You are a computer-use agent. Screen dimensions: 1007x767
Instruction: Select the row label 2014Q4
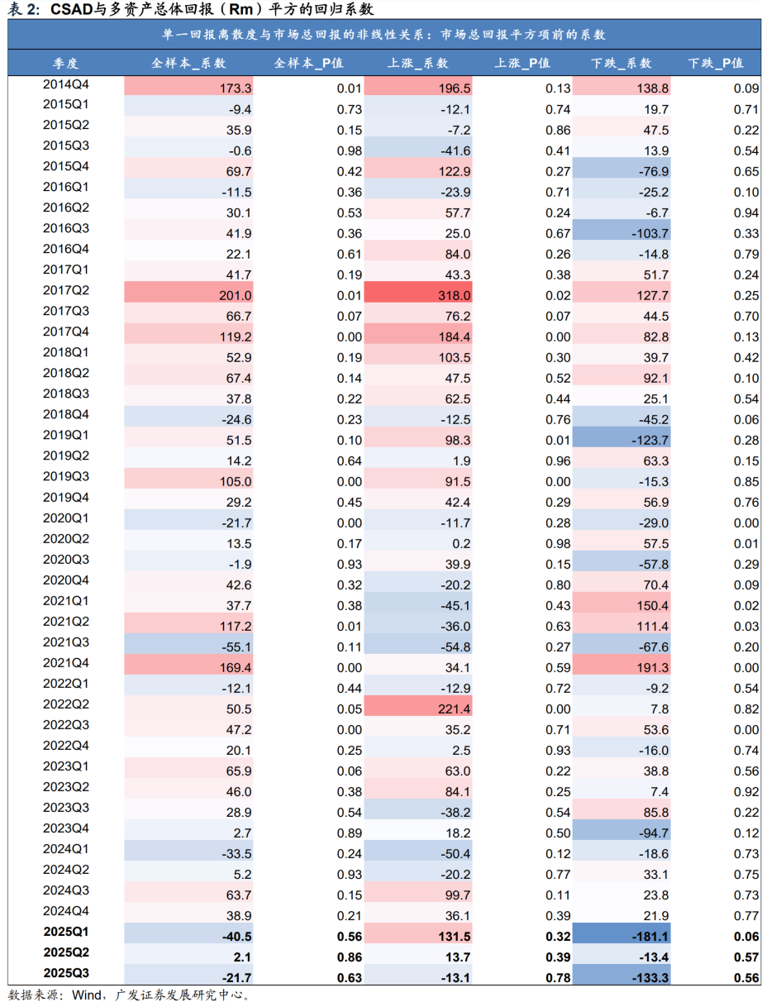click(x=66, y=84)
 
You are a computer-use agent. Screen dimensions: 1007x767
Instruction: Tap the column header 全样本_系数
click(x=188, y=63)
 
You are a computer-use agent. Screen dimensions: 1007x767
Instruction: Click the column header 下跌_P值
click(x=716, y=63)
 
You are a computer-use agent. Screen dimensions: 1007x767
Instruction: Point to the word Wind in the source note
click(x=88, y=995)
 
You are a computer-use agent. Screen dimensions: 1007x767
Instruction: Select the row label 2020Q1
click(x=66, y=518)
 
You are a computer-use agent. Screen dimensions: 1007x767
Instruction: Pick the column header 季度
click(x=66, y=63)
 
